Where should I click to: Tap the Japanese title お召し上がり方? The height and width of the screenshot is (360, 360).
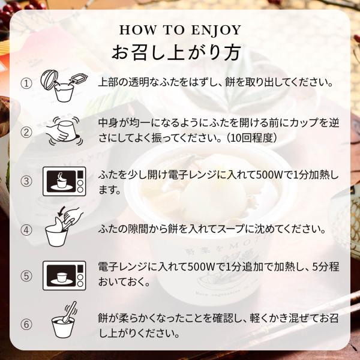176,52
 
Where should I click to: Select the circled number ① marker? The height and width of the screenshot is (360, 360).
26,83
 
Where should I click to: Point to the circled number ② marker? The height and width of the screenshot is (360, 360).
26,132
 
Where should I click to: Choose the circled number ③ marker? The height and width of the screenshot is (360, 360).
26,181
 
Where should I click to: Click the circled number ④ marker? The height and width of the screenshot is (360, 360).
26,230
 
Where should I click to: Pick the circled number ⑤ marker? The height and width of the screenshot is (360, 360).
26,276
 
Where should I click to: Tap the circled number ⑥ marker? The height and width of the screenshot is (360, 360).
26,325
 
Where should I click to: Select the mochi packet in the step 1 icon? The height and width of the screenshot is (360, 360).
79,78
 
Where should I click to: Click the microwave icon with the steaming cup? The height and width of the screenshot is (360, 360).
64,181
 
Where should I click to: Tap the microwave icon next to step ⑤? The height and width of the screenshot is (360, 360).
64,275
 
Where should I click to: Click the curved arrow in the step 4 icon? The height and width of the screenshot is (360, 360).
61,211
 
